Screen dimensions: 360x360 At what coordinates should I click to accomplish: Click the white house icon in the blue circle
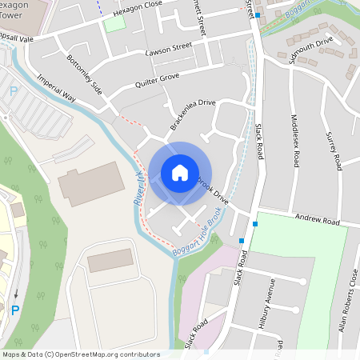point(180,173)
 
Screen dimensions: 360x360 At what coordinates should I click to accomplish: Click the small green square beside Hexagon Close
point(115,24)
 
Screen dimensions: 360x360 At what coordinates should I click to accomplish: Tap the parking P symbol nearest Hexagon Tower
point(13,93)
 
